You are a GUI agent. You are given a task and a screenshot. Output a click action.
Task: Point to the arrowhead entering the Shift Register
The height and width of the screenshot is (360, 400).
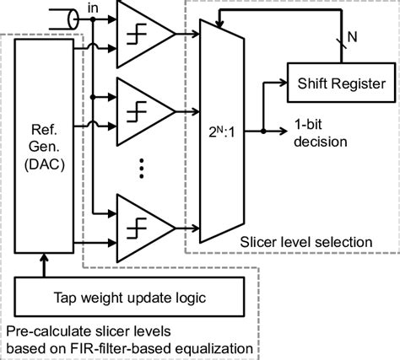click(x=284, y=83)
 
